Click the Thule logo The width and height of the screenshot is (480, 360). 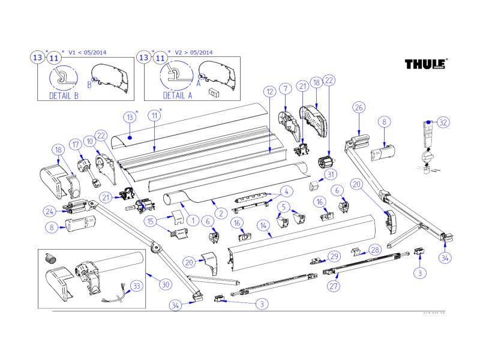point(425,64)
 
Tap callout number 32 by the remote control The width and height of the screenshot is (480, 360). point(443,122)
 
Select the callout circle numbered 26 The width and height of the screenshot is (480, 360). point(359,107)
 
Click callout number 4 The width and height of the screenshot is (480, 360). point(286,192)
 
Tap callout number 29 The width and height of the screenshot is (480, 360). point(335,256)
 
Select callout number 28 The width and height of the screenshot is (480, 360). point(374,249)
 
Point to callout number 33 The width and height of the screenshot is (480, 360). point(136,286)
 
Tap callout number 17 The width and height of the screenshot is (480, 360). point(76,145)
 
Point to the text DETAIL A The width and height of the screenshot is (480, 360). point(178,95)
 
